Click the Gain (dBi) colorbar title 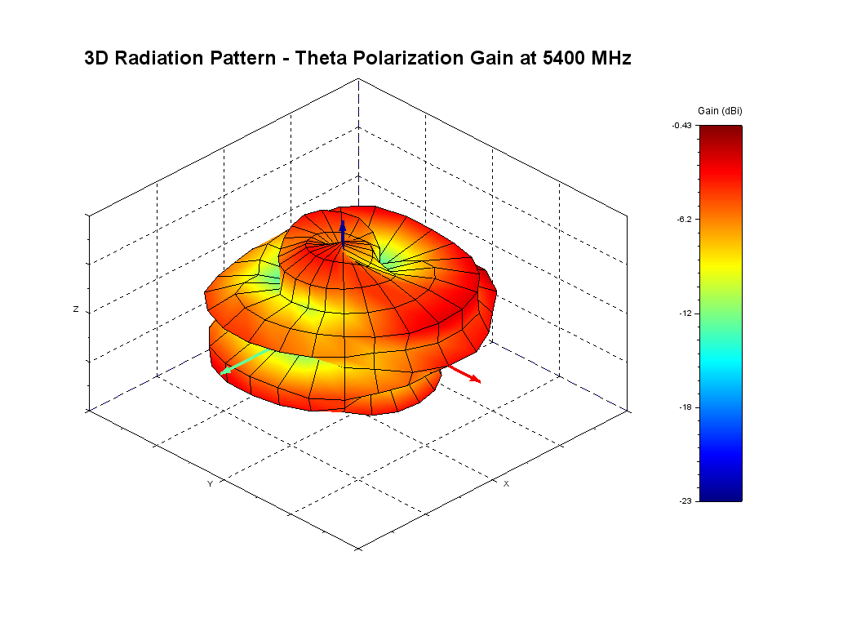[x=720, y=110]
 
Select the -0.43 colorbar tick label [x=681, y=125]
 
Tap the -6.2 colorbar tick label [x=683, y=219]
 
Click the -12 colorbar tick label [x=685, y=313]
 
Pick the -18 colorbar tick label [x=685, y=407]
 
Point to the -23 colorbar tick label [x=685, y=500]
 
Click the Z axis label [x=76, y=309]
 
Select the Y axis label [x=210, y=484]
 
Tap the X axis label [x=506, y=484]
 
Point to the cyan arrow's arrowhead [x=224, y=372]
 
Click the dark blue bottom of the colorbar [x=721, y=495]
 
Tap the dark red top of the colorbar [x=721, y=131]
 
